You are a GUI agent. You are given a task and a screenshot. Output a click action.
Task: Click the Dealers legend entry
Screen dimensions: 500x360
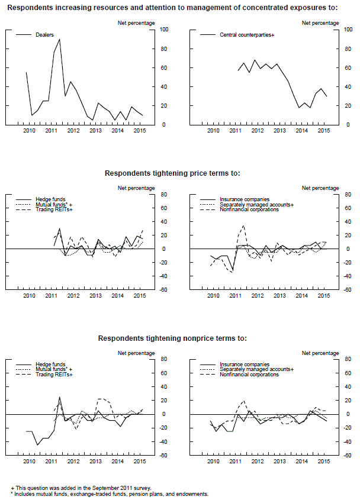[x=45, y=35]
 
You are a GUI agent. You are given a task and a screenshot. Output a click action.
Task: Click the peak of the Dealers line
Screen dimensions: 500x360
[x=59, y=40]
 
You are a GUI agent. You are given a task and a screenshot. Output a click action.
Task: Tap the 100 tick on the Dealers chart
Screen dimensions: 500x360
[x=164, y=30]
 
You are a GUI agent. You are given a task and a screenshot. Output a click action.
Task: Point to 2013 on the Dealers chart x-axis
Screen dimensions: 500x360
[x=95, y=130]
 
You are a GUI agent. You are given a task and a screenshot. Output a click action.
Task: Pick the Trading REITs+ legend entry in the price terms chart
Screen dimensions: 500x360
[x=54, y=209]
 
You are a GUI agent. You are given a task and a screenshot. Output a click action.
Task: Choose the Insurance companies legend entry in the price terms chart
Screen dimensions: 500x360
[x=245, y=199]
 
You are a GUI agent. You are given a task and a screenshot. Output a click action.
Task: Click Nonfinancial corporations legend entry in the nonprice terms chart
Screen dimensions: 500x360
[x=249, y=375]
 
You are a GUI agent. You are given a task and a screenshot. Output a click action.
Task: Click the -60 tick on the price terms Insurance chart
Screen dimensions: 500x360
[x=348, y=290]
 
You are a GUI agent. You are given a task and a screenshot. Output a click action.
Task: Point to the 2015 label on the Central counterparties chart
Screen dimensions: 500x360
[x=323, y=130]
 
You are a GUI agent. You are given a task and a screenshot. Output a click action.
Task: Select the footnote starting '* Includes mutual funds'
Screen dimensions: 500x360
[x=110, y=493]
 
